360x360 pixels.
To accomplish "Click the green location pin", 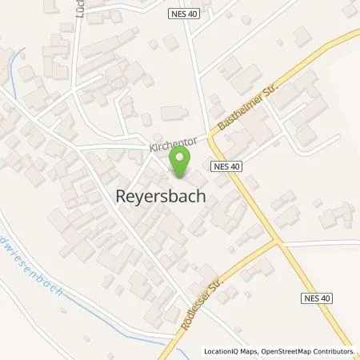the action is click(182, 162).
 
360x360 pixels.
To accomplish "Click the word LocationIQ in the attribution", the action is click(221, 351).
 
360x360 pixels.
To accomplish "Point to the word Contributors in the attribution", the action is click(334, 351).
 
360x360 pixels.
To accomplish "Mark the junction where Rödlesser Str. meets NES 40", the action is click(276, 241).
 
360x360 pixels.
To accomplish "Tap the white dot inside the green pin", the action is click(182, 156).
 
